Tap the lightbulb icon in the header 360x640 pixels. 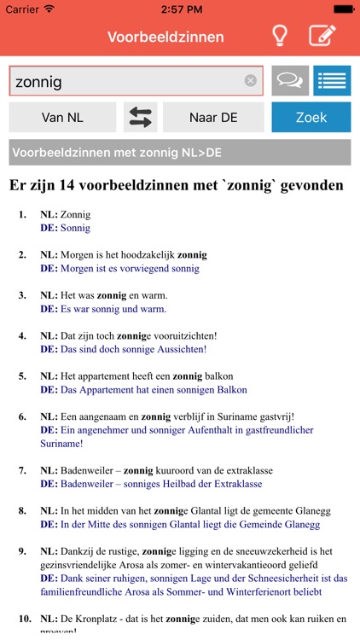[x=279, y=37]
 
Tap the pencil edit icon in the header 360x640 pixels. [x=322, y=37]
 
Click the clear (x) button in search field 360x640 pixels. [x=251, y=81]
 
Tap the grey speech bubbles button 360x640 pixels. [x=290, y=81]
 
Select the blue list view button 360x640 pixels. [x=332, y=81]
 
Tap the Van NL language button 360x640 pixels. [x=62, y=118]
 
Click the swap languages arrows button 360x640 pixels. [x=140, y=118]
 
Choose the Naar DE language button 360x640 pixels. [x=213, y=118]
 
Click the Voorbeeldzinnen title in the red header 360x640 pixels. [x=165, y=37]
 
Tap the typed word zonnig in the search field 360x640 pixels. [x=38, y=82]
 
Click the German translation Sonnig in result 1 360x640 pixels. [x=75, y=228]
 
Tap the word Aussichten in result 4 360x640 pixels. [x=178, y=349]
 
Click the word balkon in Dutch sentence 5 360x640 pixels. [x=218, y=375]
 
